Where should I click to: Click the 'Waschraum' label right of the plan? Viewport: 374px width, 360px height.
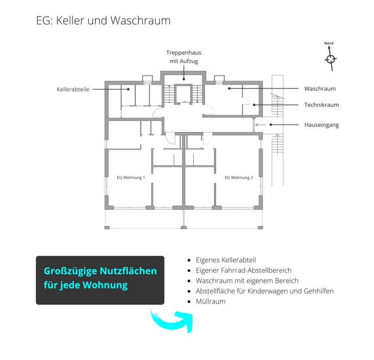click(x=320, y=88)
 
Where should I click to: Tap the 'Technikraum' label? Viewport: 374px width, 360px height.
click(x=322, y=105)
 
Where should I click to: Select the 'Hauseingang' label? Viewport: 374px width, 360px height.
click(x=322, y=125)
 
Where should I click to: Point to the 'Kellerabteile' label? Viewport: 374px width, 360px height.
click(x=73, y=89)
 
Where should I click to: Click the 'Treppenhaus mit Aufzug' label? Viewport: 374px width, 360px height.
click(x=184, y=57)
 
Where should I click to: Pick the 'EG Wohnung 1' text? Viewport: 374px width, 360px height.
click(x=131, y=177)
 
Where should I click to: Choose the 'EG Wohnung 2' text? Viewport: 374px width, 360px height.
click(x=239, y=177)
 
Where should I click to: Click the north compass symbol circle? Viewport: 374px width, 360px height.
click(x=331, y=59)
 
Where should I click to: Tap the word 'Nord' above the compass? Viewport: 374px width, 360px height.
click(x=329, y=43)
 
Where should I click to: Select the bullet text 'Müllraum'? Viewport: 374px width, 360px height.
click(x=211, y=301)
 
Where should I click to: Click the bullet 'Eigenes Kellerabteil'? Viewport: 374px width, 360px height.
click(x=226, y=260)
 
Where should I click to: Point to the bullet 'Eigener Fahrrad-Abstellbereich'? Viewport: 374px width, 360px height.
click(x=244, y=270)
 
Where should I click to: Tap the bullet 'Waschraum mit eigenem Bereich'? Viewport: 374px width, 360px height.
click(x=247, y=281)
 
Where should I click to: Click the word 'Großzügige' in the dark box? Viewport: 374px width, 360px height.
click(x=70, y=271)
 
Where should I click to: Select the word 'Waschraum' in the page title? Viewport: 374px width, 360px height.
click(x=140, y=20)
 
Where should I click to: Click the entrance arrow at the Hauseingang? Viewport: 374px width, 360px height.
click(x=261, y=125)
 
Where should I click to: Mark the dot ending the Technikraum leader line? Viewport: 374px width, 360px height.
click(x=254, y=105)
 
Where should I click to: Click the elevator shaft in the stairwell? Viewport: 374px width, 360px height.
click(x=183, y=94)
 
